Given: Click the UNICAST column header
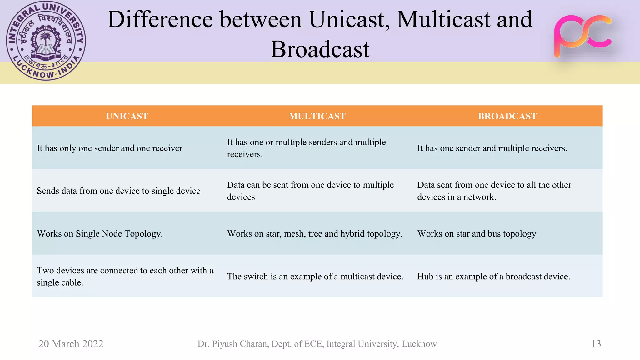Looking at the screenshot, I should click(x=127, y=116).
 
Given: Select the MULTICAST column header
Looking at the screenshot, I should click(x=317, y=116).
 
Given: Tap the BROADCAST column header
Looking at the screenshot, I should click(x=507, y=116).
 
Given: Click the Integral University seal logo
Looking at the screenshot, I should click(x=46, y=41).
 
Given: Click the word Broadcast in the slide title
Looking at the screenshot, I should click(x=320, y=49).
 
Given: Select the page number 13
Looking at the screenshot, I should click(x=596, y=344).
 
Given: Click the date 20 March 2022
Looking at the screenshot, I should click(x=71, y=344).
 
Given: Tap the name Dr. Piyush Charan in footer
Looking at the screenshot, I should click(x=233, y=344).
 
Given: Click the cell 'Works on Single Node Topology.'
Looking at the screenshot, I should click(x=100, y=234).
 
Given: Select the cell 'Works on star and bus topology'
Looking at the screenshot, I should click(x=477, y=234).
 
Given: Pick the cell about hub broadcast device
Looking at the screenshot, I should click(x=493, y=277).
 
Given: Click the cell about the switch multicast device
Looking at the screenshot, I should click(x=315, y=277).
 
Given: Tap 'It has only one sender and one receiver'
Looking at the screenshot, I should click(x=109, y=148).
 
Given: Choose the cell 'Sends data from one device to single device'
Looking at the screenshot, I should click(x=118, y=191).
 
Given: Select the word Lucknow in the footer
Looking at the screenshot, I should click(x=419, y=344).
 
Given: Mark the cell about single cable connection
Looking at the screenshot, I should click(x=125, y=276).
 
